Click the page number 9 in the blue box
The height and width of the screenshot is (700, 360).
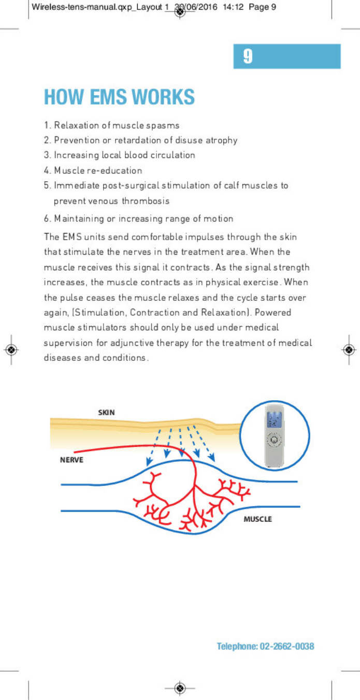pos(248,56)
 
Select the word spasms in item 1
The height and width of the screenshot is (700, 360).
pos(163,125)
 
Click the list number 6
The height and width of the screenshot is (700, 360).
pos(47,218)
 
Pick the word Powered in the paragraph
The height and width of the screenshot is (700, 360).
pos(273,313)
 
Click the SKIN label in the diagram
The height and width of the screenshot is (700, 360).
pos(106,413)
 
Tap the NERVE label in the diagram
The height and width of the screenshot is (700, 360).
pos(71,460)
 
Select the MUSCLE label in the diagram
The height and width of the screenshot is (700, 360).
pos(257,519)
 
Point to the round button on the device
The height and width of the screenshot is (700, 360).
pos(273,441)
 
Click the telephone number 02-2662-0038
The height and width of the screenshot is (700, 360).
pos(286,647)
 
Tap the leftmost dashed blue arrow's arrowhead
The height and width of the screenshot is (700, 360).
pos(148,463)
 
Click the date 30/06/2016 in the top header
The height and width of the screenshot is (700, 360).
pos(196,7)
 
